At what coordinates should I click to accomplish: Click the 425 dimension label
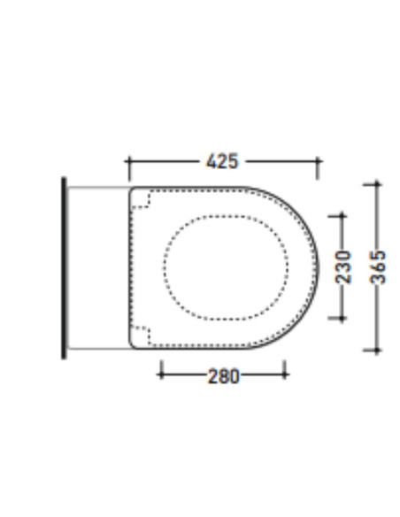tap(222, 161)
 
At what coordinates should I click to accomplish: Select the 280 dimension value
tap(223, 376)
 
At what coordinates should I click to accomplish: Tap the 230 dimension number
tap(343, 267)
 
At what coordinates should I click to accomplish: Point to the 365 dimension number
tap(378, 267)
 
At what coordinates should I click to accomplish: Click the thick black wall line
tap(64, 268)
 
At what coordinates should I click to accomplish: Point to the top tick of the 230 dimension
tap(342, 216)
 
